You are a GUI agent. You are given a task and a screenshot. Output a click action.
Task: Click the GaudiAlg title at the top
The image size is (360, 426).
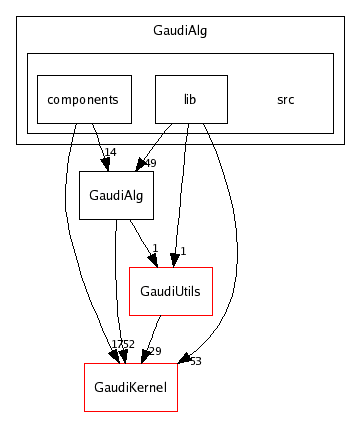click(179, 30)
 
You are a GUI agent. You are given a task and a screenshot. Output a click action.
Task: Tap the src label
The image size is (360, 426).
click(286, 100)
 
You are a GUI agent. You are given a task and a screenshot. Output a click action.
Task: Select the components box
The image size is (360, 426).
click(84, 100)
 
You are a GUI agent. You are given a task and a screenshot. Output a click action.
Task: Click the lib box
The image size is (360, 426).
click(191, 100)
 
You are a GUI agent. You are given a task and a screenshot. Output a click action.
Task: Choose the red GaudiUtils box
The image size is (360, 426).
click(171, 291)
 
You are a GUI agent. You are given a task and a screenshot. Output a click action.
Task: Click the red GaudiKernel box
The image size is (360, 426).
click(130, 387)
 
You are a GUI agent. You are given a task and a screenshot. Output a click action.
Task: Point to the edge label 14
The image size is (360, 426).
click(110, 153)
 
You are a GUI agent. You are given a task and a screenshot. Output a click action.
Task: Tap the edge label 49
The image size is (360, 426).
click(151, 163)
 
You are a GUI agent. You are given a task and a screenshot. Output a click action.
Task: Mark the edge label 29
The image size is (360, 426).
click(155, 351)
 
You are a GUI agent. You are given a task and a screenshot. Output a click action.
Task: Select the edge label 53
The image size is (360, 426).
click(195, 360)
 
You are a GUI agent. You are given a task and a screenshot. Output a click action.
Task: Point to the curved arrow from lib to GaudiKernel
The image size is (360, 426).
click(234, 250)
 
